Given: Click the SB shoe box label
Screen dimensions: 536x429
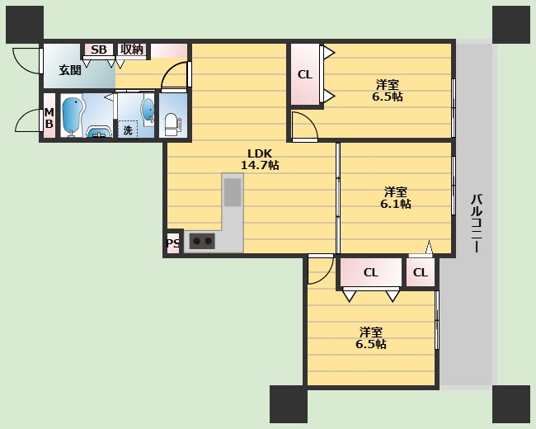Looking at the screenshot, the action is pos(99,49).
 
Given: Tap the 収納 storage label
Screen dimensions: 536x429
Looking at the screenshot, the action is pos(132,49).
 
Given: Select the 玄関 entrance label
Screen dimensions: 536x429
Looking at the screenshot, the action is pos(70,70).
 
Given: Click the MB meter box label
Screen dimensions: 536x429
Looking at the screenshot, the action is pos(49,118).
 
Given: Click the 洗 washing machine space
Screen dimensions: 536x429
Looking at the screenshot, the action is pos(128,130).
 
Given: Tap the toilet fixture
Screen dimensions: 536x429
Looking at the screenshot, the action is pos(171,125).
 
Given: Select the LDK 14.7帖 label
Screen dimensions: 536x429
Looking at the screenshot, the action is pos(260,159).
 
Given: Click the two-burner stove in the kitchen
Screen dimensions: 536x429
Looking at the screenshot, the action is pos(202,241).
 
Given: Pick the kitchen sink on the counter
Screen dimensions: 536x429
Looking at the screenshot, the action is pos(233,192).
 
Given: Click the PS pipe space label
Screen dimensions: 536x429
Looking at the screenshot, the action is pos(173,243).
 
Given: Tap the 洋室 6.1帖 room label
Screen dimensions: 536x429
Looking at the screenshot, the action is pos(396,198).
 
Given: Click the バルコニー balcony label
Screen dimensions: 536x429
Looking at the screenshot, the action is pos(476,223).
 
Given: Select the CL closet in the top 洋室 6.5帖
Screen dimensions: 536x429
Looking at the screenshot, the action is pos(305,74).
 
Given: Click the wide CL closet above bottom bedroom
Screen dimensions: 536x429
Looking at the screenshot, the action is pos(371,272).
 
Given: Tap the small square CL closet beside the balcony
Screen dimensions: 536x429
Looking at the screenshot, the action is pos(421,272).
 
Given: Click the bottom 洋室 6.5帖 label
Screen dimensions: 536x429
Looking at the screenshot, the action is pos(371,337).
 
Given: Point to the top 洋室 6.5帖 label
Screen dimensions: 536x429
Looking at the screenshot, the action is pos(388,90).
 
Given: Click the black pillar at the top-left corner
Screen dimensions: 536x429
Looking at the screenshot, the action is pos(25,25).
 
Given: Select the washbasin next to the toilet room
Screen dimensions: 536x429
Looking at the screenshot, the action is pos(148,110).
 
